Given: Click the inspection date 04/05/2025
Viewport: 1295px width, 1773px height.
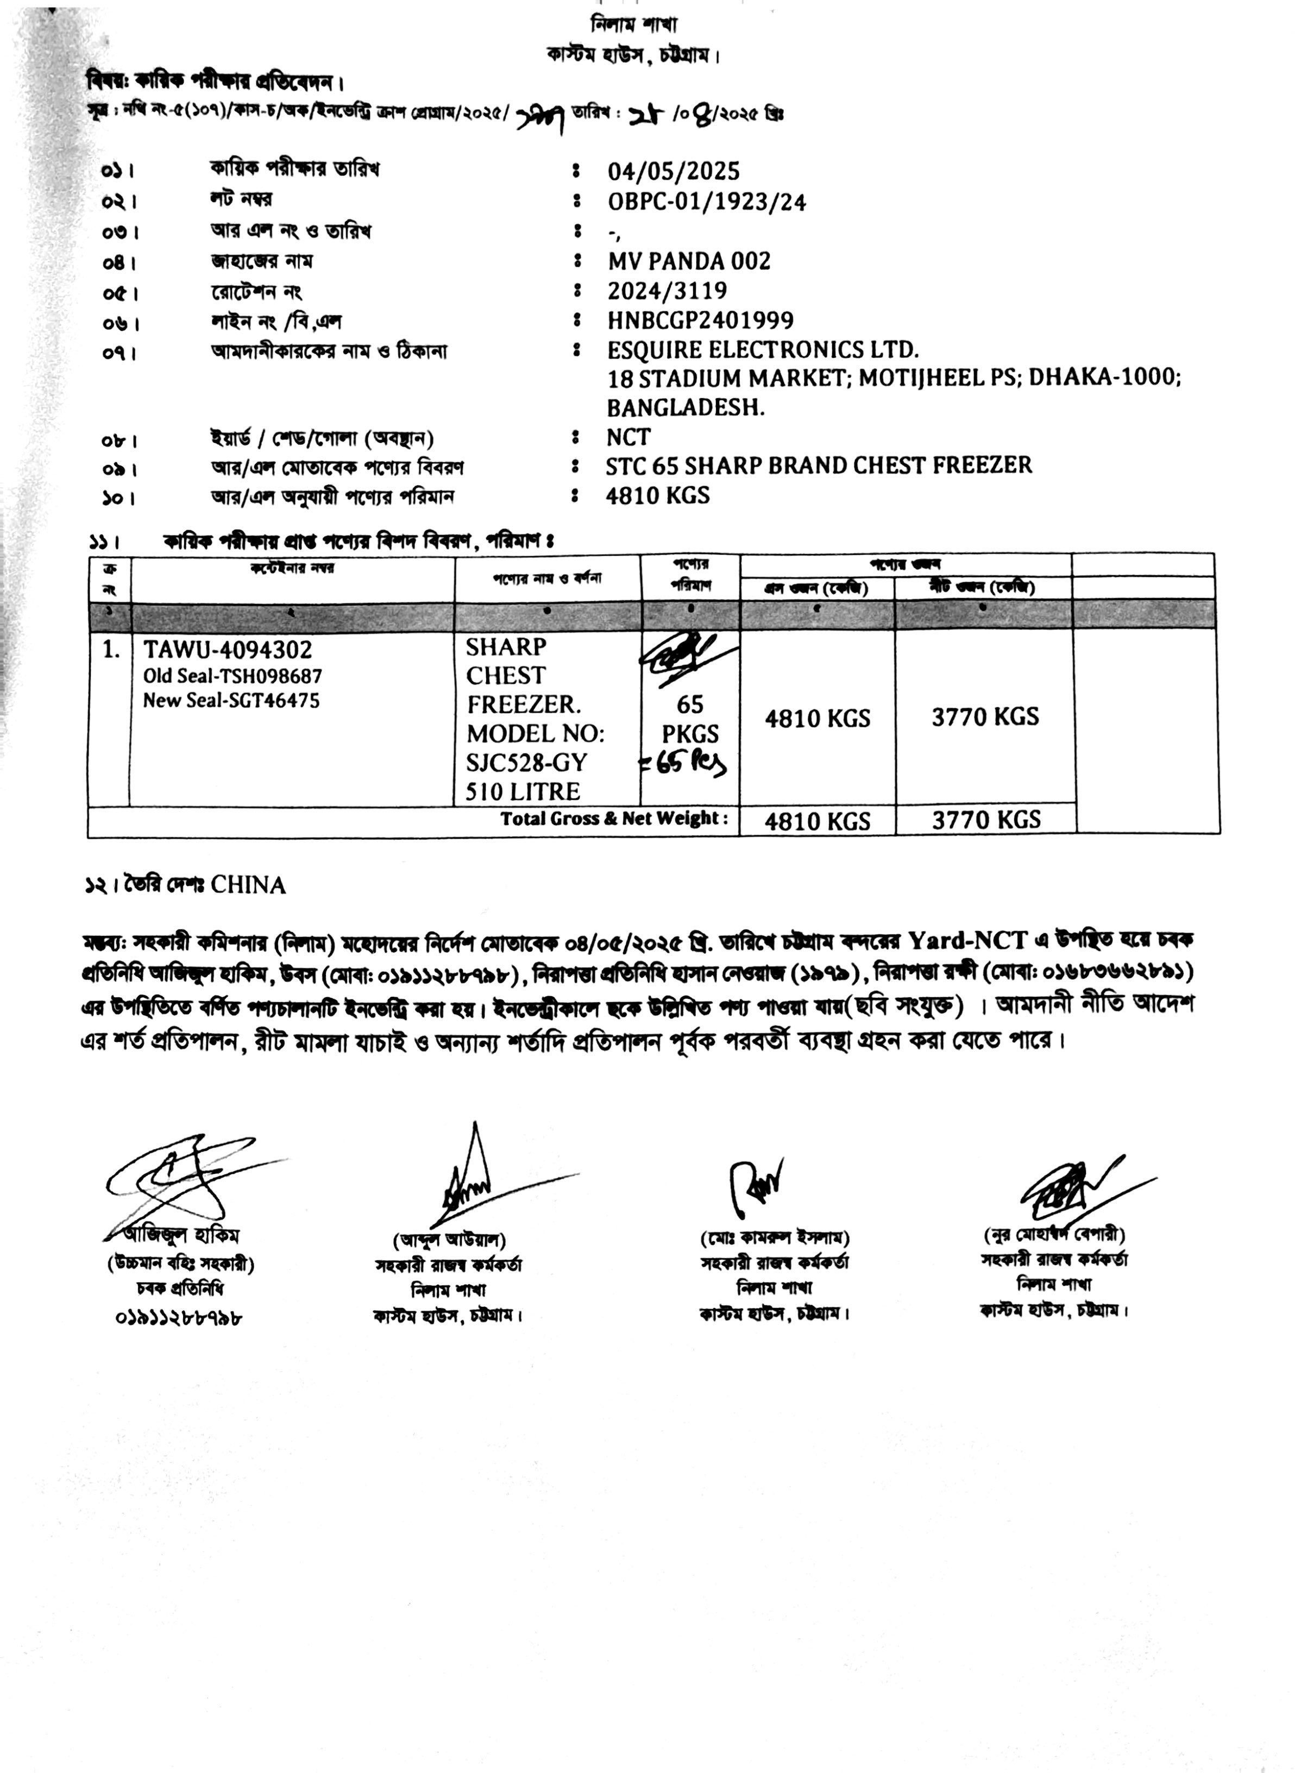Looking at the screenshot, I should pyautogui.click(x=674, y=171).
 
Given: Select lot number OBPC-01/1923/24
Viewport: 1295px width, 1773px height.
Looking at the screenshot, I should pyautogui.click(x=706, y=202).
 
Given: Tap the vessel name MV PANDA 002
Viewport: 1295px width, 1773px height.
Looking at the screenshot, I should pyautogui.click(x=689, y=261).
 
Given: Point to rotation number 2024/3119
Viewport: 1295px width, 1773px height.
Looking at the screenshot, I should pyautogui.click(x=667, y=291).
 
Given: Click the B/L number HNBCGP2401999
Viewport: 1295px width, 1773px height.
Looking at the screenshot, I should pyautogui.click(x=700, y=320).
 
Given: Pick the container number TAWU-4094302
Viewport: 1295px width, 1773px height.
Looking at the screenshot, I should pyautogui.click(x=227, y=650).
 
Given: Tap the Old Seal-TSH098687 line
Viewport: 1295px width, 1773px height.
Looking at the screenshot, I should pyautogui.click(x=232, y=676).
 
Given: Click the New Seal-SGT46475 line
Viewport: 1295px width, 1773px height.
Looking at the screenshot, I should pyautogui.click(x=231, y=701).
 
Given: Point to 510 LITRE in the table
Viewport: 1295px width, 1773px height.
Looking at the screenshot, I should pyautogui.click(x=523, y=791).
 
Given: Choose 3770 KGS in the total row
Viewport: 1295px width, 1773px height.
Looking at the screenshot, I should pyautogui.click(x=985, y=820).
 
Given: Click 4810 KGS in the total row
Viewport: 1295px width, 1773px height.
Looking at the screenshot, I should pyautogui.click(x=817, y=821).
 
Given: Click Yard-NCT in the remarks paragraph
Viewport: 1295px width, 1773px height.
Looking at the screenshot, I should pyautogui.click(x=967, y=940).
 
